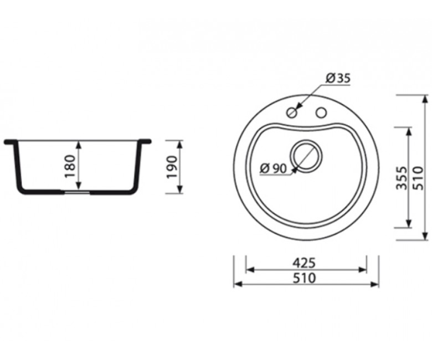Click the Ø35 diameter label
338,79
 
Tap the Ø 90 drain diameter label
273,168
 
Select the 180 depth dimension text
70,166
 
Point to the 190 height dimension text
172,167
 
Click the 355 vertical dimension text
402,178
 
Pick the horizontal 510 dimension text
304,278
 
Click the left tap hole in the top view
292,112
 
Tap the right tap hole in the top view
321,112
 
